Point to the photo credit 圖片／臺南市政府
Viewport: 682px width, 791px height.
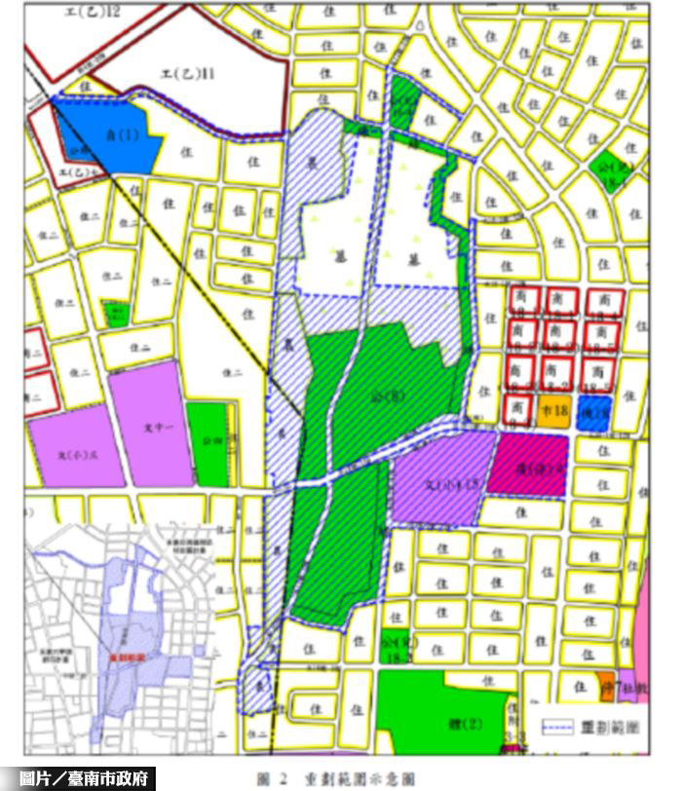coord(89,778)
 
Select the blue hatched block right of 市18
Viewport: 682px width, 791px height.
coord(592,410)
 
